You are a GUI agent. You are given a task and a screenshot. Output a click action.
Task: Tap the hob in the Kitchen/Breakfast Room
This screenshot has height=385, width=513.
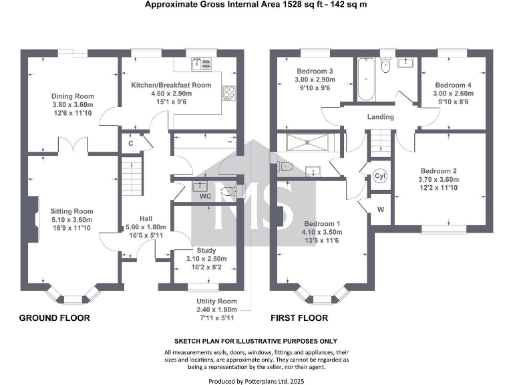(x=229, y=93)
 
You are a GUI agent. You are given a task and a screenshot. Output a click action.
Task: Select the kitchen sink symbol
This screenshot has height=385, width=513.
(x=200, y=64)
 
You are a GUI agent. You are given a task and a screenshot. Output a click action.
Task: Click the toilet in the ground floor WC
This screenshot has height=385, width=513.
(x=229, y=191)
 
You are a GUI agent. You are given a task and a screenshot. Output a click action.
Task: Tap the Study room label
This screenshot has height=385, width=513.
(x=197, y=251)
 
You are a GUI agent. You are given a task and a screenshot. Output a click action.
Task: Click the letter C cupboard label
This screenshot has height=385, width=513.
(x=131, y=143)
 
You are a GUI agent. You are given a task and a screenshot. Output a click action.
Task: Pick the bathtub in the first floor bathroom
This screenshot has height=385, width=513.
(x=365, y=79)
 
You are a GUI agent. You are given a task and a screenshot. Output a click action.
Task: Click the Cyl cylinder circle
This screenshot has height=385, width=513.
(x=380, y=176)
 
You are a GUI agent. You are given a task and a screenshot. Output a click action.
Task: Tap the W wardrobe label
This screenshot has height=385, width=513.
(x=381, y=210)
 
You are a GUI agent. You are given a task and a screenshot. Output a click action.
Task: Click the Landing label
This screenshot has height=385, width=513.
(x=381, y=117)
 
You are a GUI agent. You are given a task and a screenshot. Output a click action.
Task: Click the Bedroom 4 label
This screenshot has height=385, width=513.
(x=453, y=85)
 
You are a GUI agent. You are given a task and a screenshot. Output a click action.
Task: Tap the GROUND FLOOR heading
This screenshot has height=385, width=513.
(x=54, y=318)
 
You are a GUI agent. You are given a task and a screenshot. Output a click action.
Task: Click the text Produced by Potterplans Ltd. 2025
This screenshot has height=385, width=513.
(x=256, y=380)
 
